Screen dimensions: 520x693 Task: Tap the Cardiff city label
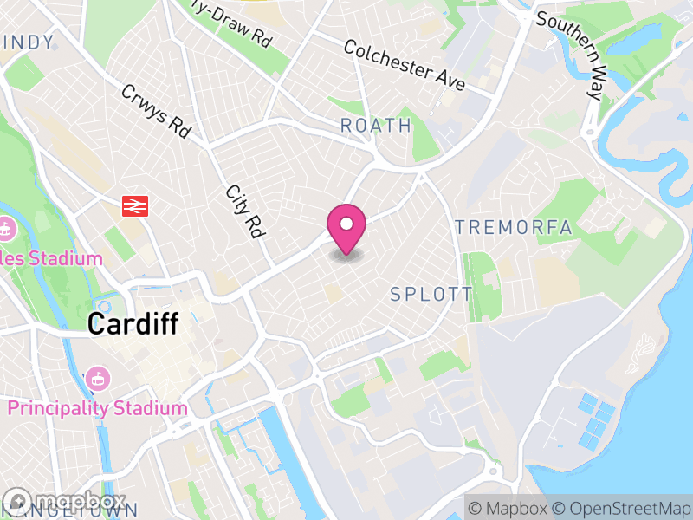tap(133, 325)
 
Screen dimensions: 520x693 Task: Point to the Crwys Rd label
tap(156, 111)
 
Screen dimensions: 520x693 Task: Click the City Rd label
tap(245, 212)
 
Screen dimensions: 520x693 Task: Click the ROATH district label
tap(376, 126)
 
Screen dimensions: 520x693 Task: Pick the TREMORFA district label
tap(514, 228)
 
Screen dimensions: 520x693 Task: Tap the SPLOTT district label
tap(431, 295)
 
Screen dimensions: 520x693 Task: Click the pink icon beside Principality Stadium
tap(96, 379)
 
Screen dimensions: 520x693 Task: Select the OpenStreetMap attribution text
tap(620, 507)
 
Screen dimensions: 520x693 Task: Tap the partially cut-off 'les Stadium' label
tap(52, 258)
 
